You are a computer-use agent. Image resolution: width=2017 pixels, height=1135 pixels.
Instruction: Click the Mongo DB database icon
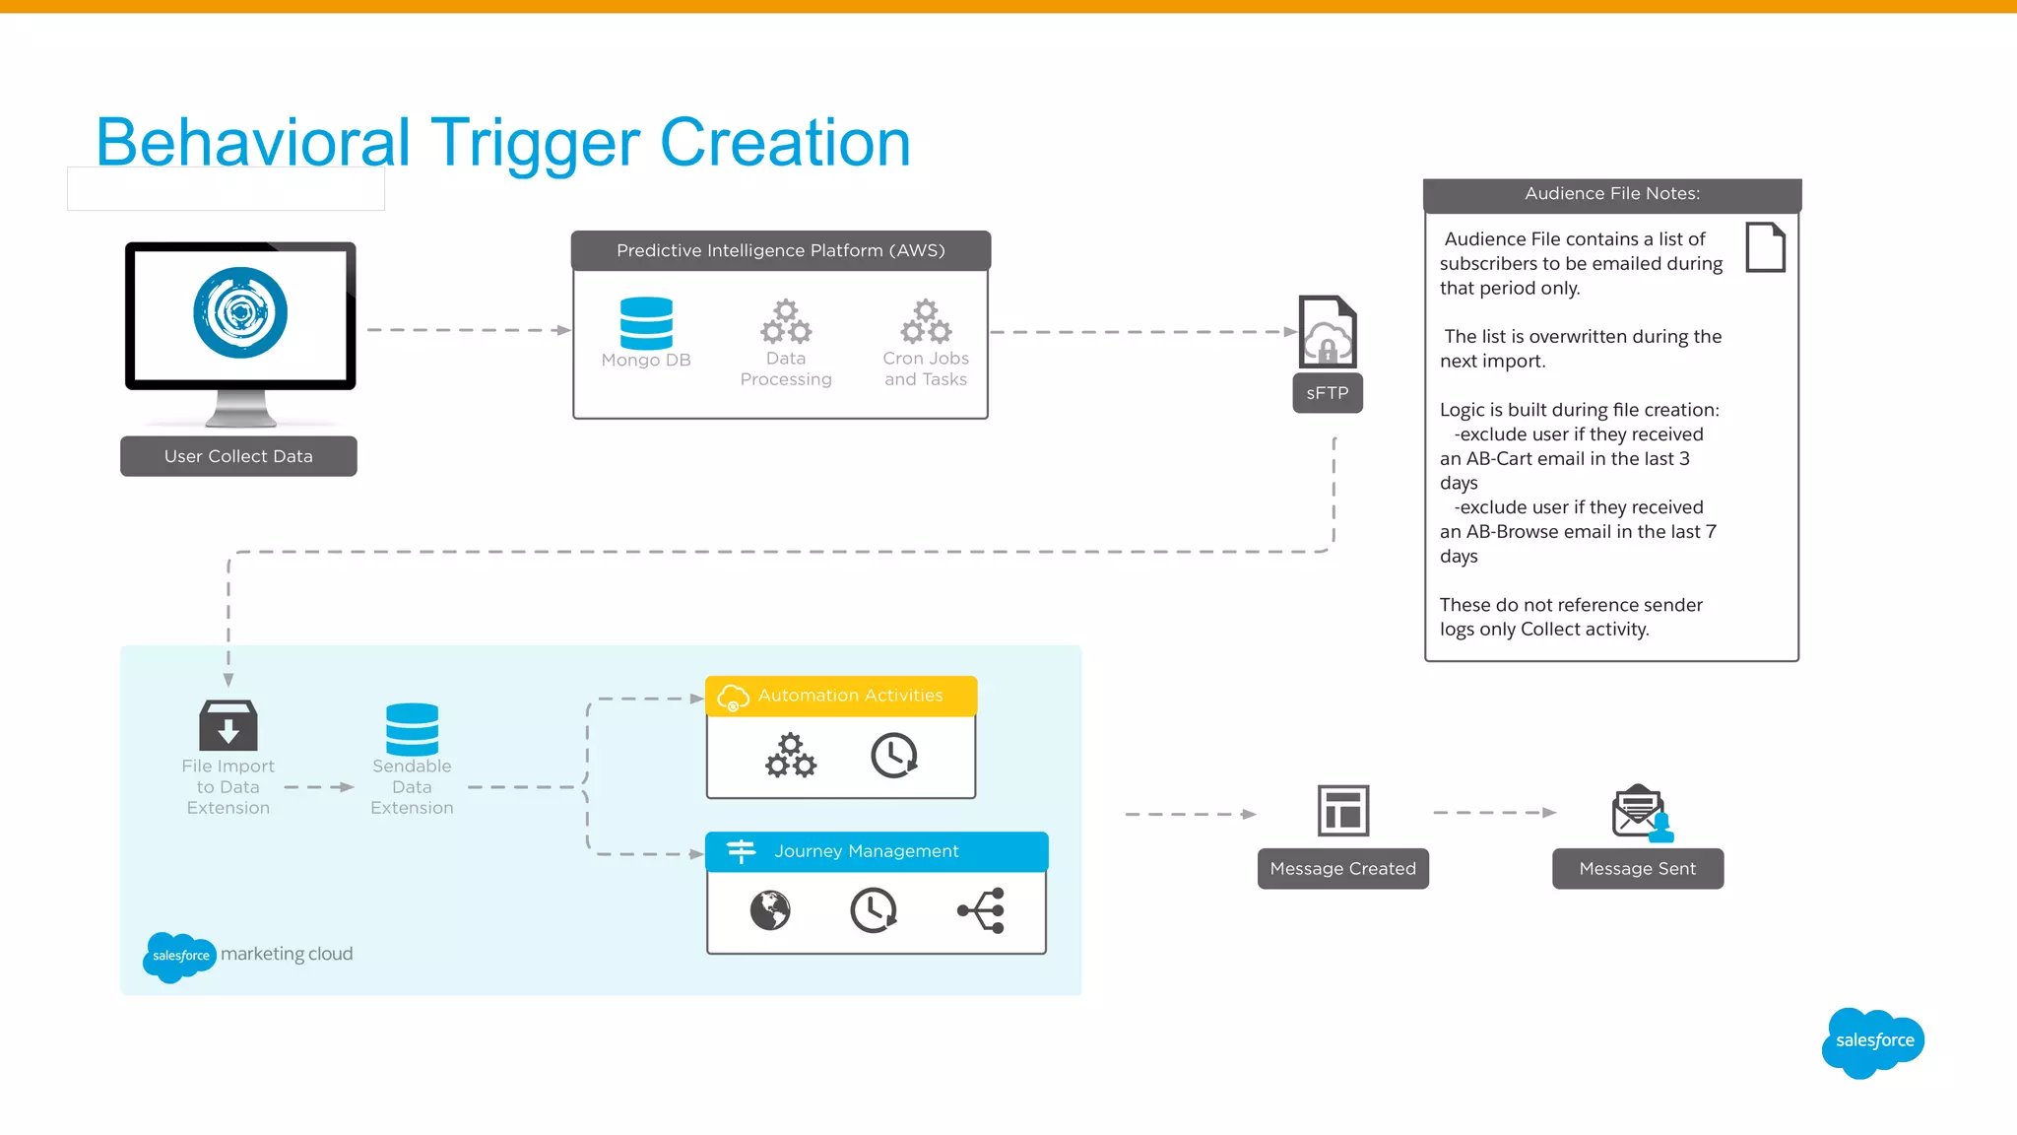(x=646, y=323)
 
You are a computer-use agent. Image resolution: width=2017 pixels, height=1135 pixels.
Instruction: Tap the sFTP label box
(x=1327, y=393)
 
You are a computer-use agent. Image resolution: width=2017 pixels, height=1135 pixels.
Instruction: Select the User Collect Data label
(x=238, y=456)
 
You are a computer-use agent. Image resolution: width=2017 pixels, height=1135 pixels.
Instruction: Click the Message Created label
(x=1342, y=869)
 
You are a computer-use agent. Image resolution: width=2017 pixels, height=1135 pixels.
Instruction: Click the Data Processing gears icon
(x=786, y=321)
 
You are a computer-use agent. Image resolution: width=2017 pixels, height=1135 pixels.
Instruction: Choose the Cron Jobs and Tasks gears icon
(x=926, y=321)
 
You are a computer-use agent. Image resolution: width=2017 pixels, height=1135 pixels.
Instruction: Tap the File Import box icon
(x=228, y=725)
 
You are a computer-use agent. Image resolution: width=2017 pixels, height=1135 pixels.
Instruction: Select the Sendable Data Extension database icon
(x=412, y=729)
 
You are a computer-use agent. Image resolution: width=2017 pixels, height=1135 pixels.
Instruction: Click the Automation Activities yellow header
(x=841, y=696)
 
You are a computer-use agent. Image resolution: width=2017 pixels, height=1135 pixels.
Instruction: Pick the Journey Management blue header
(x=877, y=851)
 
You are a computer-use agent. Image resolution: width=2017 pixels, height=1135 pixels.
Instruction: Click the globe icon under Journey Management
(x=770, y=910)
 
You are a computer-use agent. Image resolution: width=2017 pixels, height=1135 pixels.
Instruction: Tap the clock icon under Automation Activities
(x=894, y=756)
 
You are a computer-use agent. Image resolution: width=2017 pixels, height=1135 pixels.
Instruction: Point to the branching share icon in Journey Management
(x=982, y=910)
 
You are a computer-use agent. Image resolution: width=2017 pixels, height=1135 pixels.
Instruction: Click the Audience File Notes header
(x=1612, y=194)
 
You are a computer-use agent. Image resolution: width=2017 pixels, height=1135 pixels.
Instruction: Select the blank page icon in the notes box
(x=1765, y=247)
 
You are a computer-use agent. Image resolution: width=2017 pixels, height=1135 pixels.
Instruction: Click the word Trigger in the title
(x=535, y=143)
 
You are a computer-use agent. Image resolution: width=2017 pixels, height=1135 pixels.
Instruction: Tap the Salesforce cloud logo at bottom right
(x=1873, y=1041)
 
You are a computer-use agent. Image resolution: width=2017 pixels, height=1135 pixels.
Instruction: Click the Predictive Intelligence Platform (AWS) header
(x=781, y=250)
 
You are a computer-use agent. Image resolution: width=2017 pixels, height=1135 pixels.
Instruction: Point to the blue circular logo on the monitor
(x=240, y=313)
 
